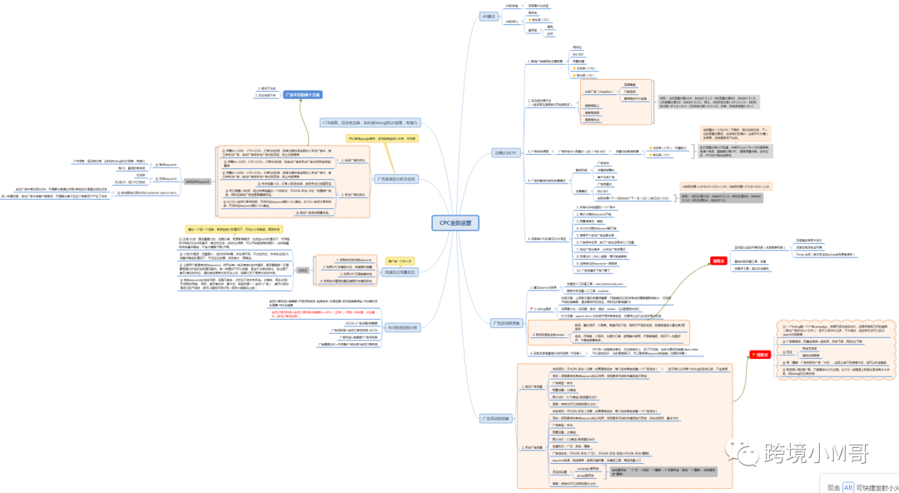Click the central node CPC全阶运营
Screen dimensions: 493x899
455,223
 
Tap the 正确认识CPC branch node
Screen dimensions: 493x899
505,153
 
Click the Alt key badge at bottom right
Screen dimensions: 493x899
848,487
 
